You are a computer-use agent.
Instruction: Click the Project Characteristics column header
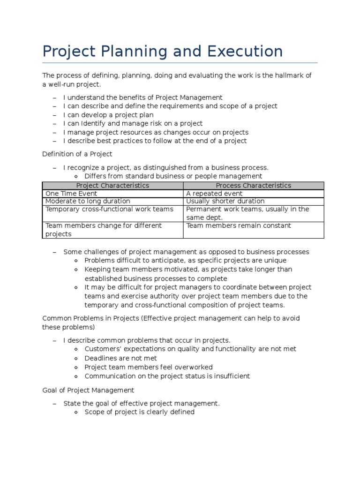(112, 185)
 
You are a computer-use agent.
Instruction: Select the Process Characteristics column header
(253, 185)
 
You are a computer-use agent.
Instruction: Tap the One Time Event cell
(71, 194)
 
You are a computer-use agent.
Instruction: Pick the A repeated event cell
(214, 194)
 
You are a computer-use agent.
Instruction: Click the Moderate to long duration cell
(88, 201)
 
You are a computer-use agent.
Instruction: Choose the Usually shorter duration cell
(225, 201)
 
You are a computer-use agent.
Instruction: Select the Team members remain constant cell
(239, 225)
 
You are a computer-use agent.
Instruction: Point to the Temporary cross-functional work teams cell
(109, 209)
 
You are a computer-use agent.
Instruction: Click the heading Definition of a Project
(77, 154)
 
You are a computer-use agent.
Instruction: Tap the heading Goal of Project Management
(88, 390)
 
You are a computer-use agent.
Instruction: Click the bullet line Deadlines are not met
(121, 358)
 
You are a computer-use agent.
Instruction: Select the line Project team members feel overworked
(149, 367)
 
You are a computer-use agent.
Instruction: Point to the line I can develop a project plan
(108, 115)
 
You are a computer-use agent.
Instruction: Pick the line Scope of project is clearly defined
(139, 412)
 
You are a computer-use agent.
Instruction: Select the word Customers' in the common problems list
(101, 349)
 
